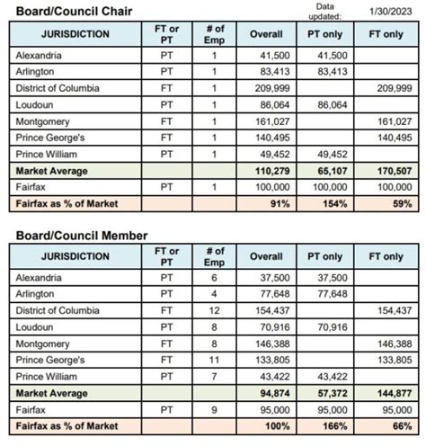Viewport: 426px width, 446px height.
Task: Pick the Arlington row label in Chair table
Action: (35, 71)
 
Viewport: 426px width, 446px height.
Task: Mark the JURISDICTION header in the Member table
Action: (75, 256)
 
